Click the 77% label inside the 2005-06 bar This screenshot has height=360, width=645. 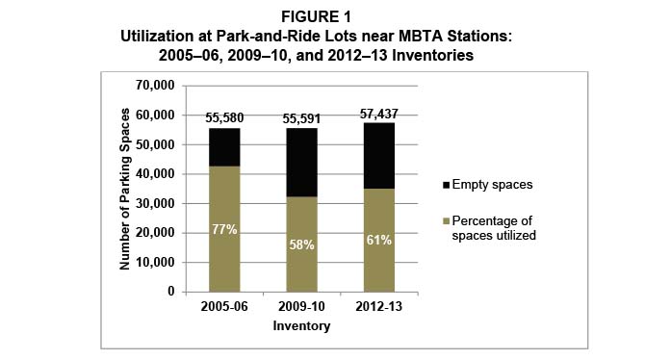224,230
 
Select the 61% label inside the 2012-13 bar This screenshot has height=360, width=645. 377,240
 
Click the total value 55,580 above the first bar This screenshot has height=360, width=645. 224,116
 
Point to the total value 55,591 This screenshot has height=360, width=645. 300,116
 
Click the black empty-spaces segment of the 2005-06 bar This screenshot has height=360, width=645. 224,147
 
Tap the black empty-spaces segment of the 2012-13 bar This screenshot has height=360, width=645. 377,155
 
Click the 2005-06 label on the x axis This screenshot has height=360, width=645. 224,307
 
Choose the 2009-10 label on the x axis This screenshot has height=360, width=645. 300,307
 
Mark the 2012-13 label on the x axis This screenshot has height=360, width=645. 377,307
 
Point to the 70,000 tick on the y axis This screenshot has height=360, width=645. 153,86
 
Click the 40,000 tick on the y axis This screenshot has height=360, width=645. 153,174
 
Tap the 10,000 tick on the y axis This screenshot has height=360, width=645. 153,262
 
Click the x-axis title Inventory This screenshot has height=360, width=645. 300,326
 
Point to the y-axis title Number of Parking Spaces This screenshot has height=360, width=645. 125,188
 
